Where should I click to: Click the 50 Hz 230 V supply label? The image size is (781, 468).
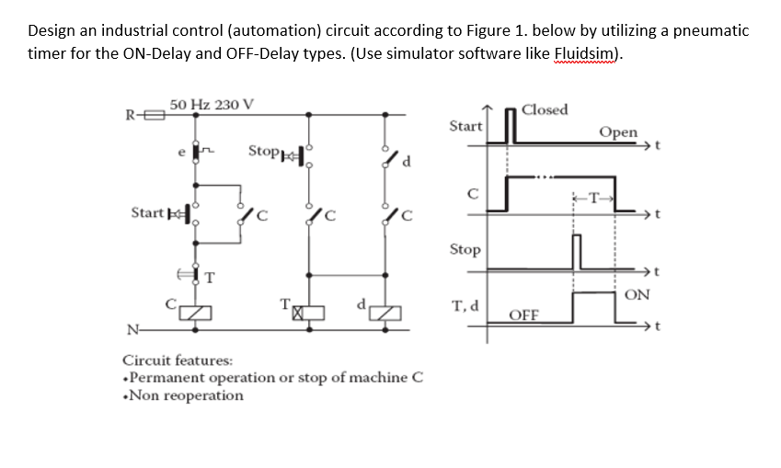point(212,104)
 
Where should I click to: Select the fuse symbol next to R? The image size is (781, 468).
point(153,116)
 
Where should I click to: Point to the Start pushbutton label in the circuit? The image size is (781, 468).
point(147,214)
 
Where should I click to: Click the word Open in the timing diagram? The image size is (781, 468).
point(617,131)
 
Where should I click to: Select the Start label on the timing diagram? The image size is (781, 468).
point(465,125)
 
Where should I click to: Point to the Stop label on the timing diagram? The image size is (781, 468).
point(465,249)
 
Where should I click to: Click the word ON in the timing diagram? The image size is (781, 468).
point(637,294)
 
